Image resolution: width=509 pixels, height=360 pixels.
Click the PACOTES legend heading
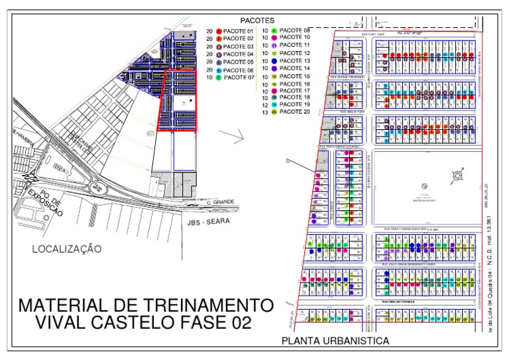tap(258, 21)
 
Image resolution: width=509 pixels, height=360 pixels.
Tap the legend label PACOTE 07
tap(239, 78)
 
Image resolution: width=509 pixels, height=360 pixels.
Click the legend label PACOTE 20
tap(295, 112)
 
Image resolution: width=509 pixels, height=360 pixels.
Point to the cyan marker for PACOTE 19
tap(274, 105)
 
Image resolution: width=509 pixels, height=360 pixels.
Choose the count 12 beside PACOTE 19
tap(264, 105)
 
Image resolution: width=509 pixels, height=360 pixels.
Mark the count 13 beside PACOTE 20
tap(264, 112)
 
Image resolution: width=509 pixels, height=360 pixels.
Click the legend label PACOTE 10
tap(295, 38)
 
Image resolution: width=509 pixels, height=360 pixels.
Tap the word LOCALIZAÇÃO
tap(68, 249)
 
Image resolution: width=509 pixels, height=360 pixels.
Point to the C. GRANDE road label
tap(221, 202)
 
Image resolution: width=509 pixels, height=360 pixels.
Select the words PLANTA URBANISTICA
tap(335, 341)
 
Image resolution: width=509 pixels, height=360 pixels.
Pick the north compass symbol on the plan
tap(457, 177)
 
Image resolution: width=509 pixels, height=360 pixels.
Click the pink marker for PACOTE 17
tap(274, 90)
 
